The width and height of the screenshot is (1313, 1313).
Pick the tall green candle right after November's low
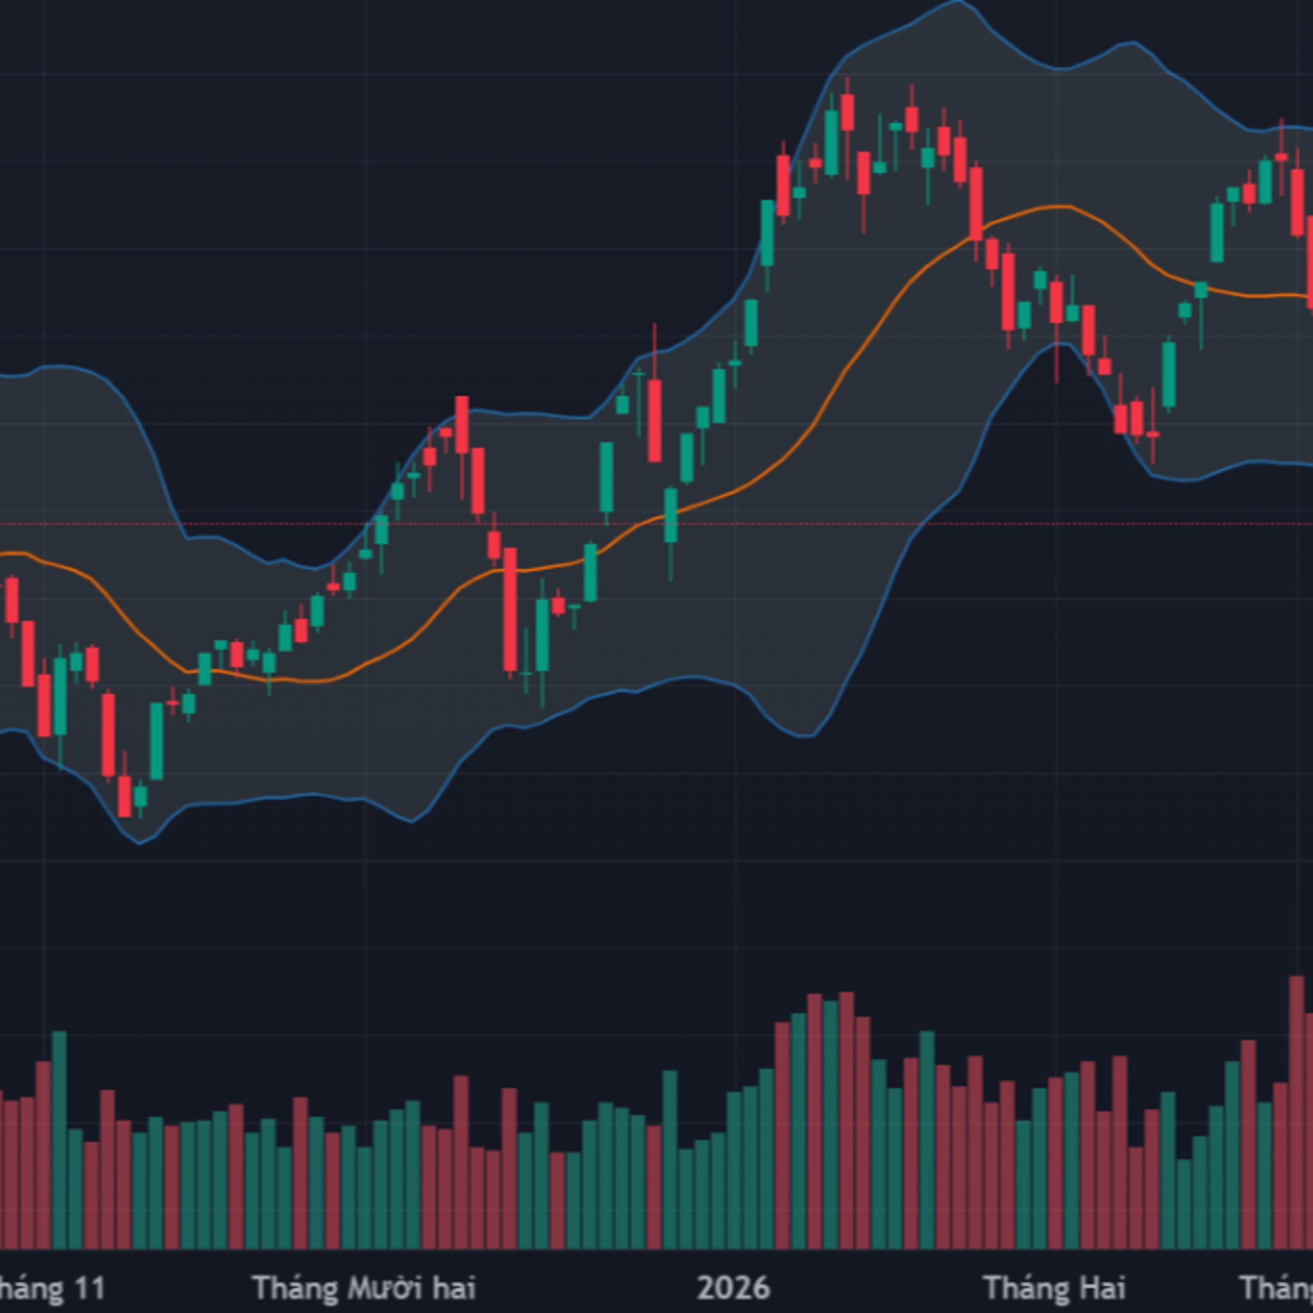[x=156, y=741]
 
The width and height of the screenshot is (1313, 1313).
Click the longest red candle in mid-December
[x=510, y=610]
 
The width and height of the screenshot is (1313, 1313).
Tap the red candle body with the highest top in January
[x=847, y=112]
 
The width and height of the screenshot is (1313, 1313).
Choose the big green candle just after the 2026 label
[x=767, y=232]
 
